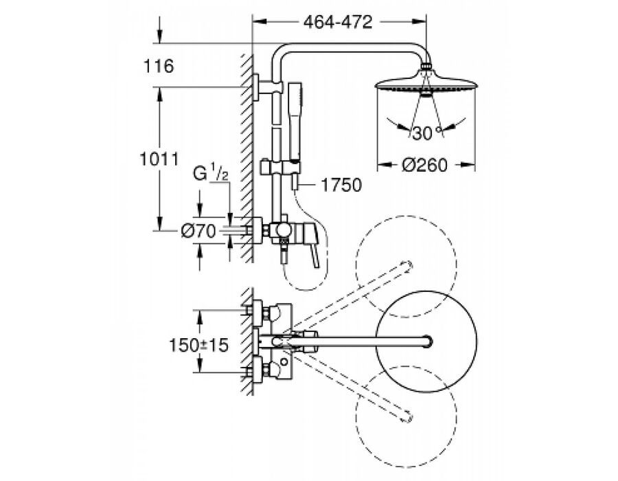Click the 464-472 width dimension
coord(338,22)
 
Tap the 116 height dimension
coord(158,66)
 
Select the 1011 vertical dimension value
coord(159,159)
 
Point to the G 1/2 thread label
coord(211,174)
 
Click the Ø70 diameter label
coord(198,231)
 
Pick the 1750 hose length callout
coord(341,185)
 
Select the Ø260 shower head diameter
coord(424,164)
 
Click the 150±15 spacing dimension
coord(198,346)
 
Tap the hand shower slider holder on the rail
coord(281,167)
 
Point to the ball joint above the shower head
coord(426,66)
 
